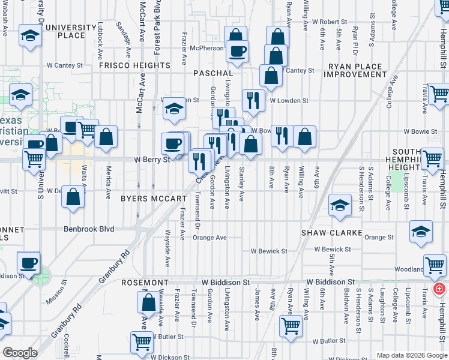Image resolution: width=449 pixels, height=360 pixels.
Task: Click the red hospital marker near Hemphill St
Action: point(439,289)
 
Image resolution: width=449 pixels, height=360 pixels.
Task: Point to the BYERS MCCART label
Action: point(153,198)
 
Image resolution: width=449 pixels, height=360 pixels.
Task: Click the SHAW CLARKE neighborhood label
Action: point(332,232)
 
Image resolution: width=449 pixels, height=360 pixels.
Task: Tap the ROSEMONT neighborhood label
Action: point(145,282)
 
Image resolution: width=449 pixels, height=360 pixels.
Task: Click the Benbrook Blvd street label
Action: point(89,229)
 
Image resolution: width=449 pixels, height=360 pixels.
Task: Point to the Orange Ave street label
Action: point(209,238)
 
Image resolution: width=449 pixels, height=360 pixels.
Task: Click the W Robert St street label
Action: point(330,21)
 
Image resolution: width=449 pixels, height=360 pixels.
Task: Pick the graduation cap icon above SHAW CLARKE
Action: point(340,206)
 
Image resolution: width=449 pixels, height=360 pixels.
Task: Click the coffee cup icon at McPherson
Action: point(237,50)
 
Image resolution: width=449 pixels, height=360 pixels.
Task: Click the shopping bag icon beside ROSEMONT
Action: point(148,302)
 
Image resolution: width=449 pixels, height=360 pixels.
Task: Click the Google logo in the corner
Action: point(20,353)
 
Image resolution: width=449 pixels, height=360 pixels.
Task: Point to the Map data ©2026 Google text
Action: point(411,355)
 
